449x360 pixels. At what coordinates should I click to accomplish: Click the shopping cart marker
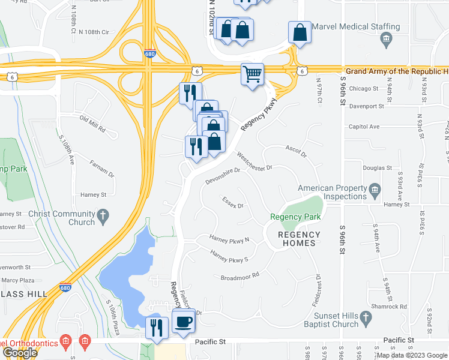[253, 74]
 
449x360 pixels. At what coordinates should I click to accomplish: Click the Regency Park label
[295, 217]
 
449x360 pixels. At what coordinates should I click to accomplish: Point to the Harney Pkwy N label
[229, 240]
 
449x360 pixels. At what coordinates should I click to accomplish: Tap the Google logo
[20, 353]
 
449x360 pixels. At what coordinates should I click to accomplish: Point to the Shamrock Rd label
[394, 306]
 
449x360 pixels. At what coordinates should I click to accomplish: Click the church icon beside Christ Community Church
[104, 215]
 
